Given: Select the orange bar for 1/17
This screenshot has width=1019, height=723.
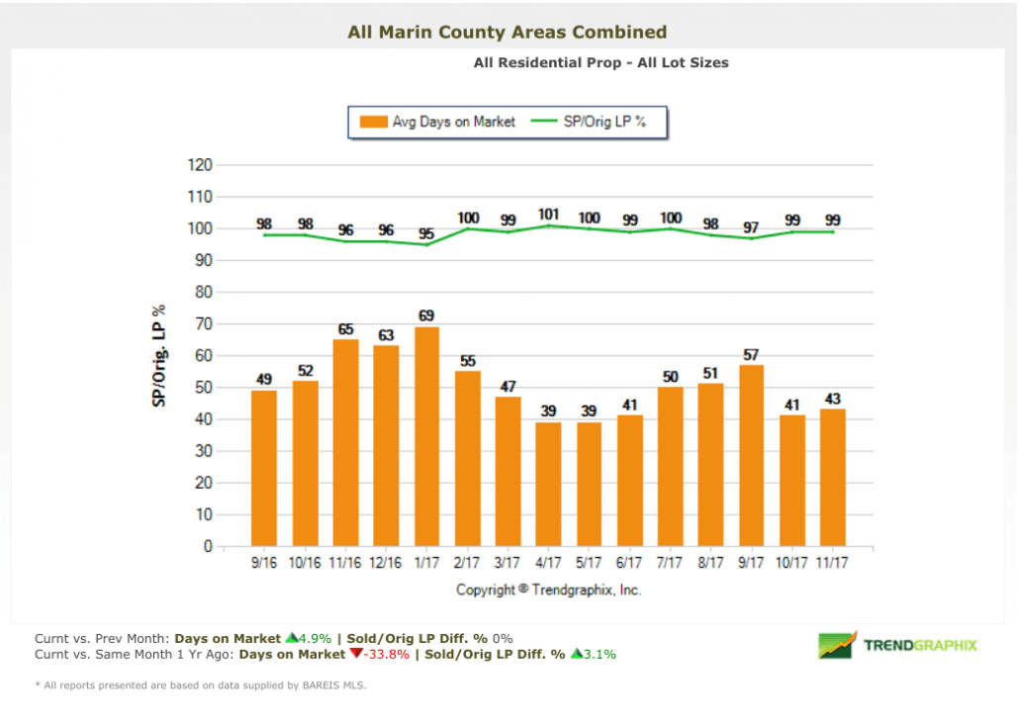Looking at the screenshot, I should point(426,436).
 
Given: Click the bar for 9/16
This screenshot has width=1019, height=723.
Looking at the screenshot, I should point(264,468).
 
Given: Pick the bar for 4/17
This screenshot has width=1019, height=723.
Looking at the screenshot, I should point(548,484).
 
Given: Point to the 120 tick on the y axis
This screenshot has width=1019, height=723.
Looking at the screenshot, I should point(200,165).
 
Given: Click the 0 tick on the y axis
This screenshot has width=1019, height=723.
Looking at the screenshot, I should point(208,546).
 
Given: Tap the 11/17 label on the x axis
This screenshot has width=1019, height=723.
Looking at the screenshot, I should point(832,563).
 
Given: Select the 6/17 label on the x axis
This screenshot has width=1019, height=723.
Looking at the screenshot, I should point(629,563).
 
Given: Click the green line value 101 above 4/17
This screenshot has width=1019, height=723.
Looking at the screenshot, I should point(548,214).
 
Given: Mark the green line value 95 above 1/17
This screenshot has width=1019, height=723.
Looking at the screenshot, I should point(426,233).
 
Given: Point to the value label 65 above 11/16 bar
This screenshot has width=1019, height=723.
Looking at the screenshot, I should point(345,329).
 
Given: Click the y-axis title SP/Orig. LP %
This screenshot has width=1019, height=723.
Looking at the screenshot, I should point(159,356).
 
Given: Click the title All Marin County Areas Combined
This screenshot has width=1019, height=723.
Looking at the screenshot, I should point(508,33).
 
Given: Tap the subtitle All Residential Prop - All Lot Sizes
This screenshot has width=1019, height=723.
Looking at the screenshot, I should point(601,62).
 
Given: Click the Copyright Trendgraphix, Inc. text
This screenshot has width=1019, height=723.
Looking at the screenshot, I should point(548,589).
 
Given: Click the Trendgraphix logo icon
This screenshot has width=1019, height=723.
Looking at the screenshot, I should point(836,645).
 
